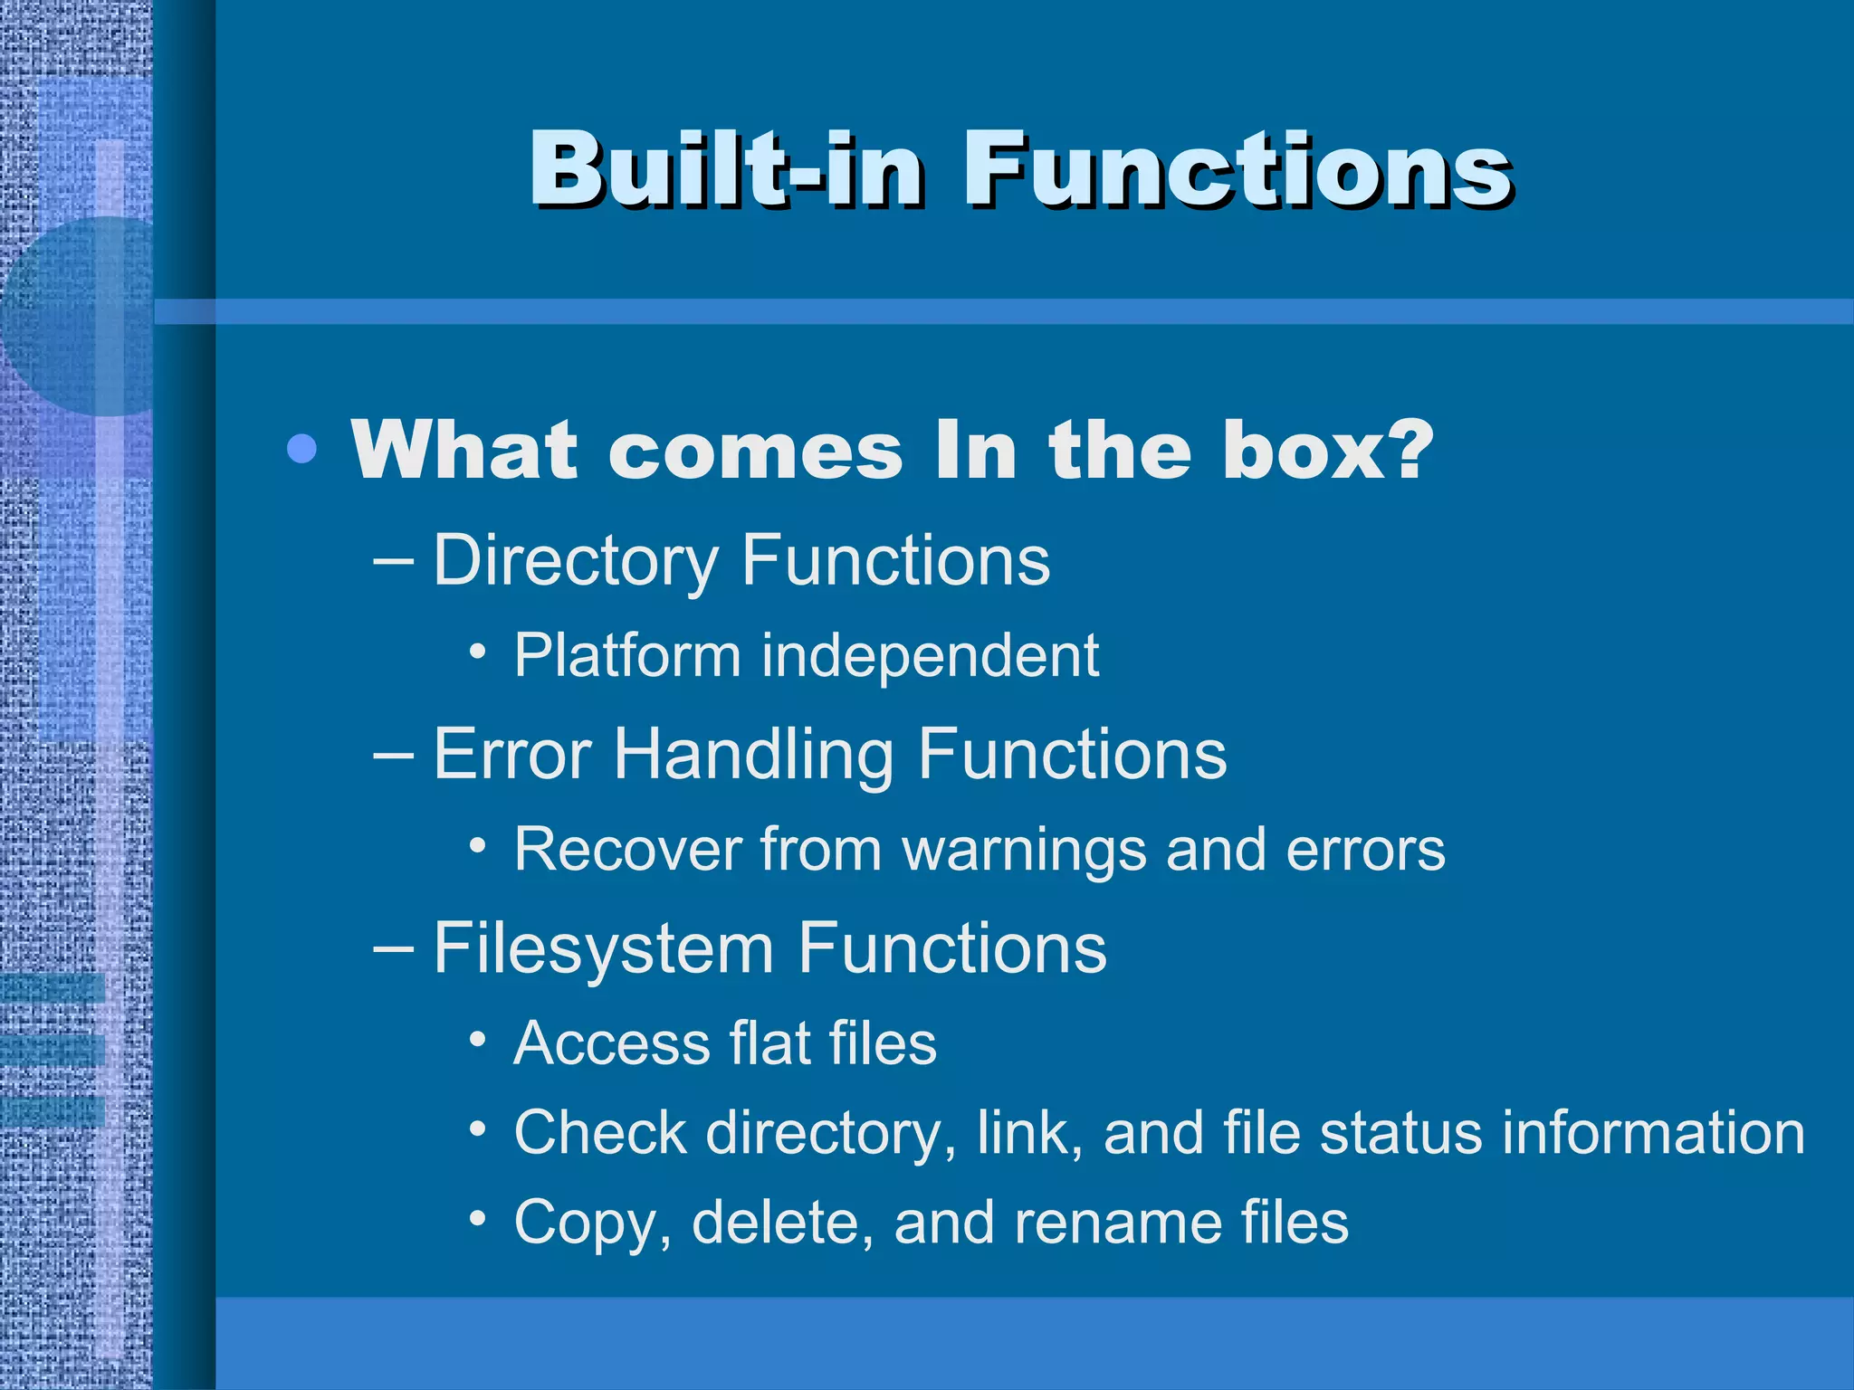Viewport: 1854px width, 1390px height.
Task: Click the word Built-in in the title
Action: (x=724, y=169)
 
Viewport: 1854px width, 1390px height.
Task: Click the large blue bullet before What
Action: (x=301, y=448)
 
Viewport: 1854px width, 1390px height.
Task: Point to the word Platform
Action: (x=626, y=655)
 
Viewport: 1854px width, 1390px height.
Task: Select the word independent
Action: (x=930, y=657)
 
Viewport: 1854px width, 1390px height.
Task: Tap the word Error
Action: (x=512, y=754)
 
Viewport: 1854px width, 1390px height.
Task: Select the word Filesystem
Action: (x=603, y=949)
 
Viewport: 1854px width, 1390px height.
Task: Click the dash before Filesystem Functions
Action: (x=394, y=947)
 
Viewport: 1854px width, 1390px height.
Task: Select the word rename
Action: (x=1115, y=1223)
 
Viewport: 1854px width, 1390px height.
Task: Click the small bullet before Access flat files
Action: (x=478, y=1040)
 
